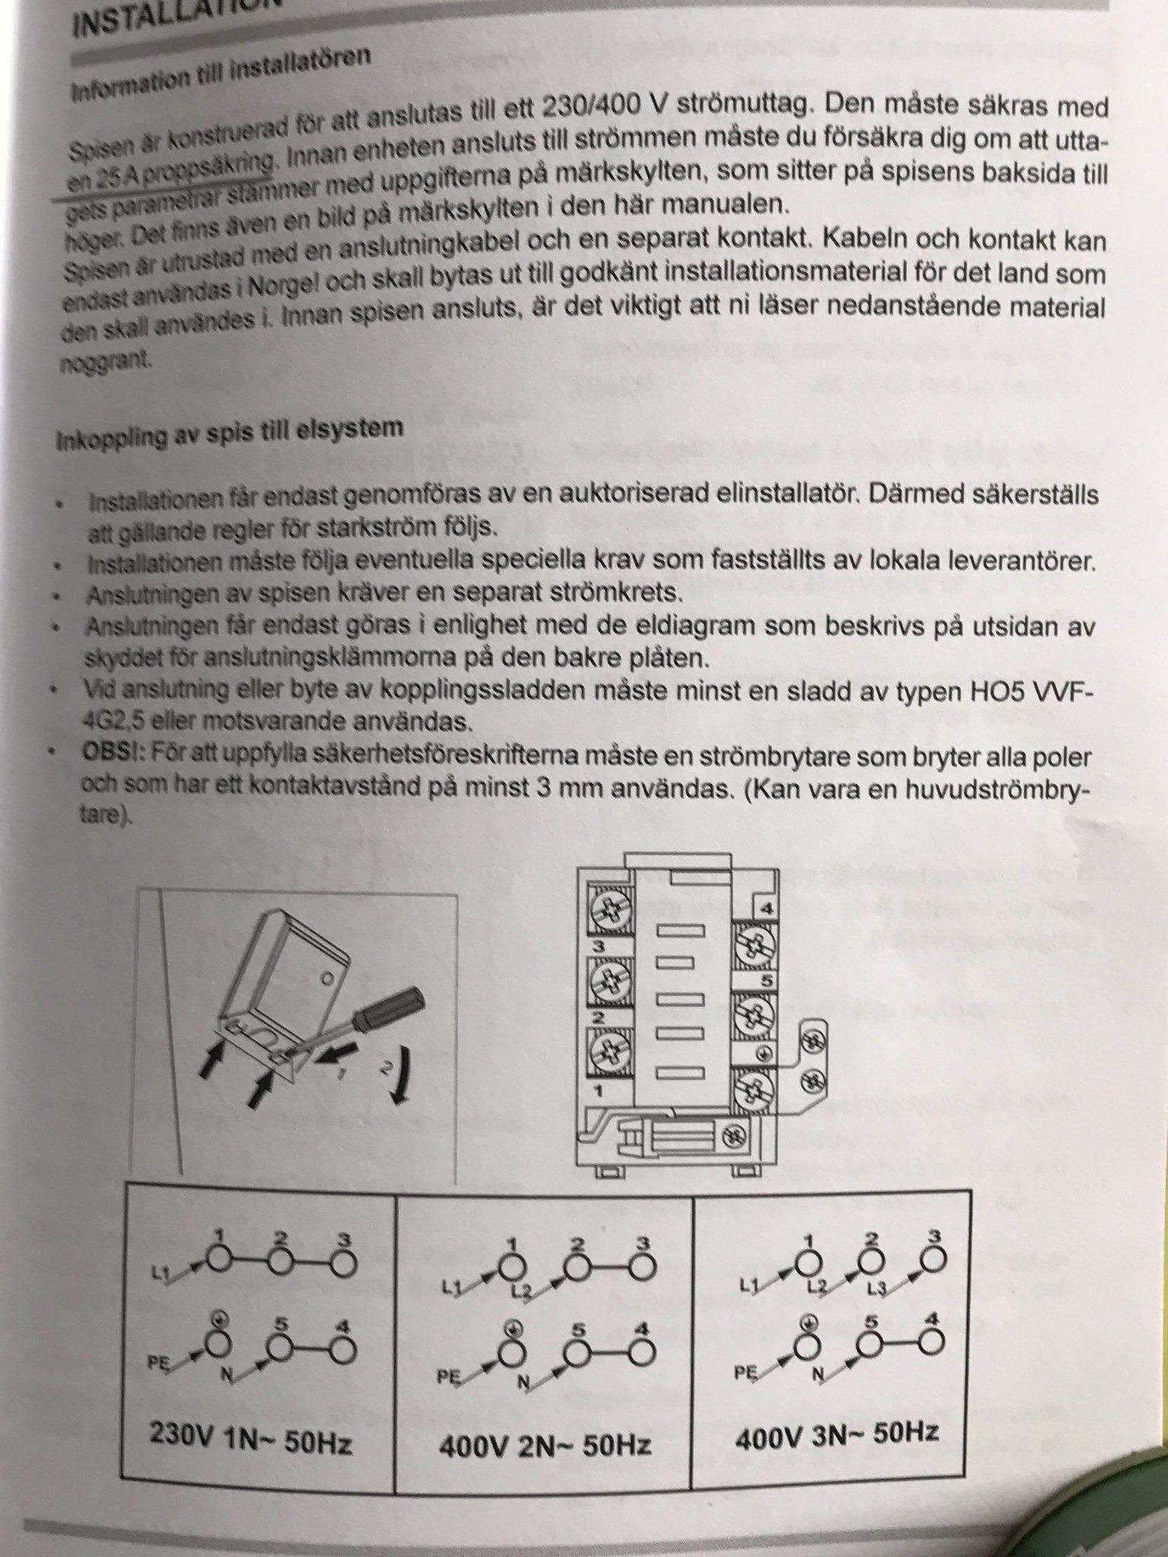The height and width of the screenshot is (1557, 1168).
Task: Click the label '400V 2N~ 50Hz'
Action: point(544,1443)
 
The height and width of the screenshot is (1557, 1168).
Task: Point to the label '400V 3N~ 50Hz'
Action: point(836,1434)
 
